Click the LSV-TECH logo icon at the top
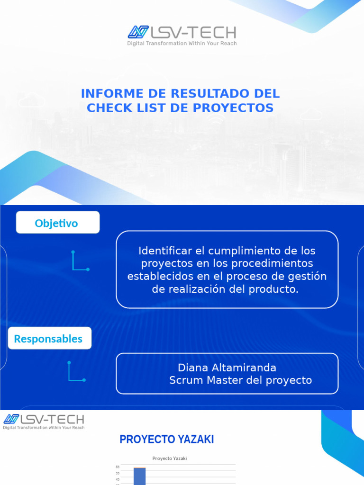[138, 32]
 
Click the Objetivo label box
[57, 223]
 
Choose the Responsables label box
[49, 338]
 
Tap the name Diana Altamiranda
[227, 368]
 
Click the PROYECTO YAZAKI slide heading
[167, 440]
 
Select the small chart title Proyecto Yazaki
[170, 458]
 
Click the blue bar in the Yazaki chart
[139, 476]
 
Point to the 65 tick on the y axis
[117, 467]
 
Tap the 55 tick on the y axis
[117, 473]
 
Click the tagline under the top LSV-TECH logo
[182, 44]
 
